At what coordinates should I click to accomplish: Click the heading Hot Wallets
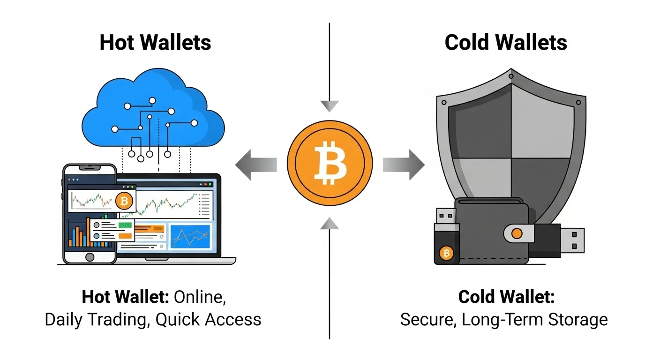(x=155, y=43)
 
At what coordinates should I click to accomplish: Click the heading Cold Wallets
(x=506, y=43)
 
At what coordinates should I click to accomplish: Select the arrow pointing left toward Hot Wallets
(x=255, y=165)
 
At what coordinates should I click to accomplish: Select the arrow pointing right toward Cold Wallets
(x=404, y=165)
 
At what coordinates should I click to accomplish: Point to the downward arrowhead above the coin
(x=330, y=106)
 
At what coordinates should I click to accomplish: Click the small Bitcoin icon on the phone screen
(x=124, y=202)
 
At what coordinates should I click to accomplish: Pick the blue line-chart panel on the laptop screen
(x=190, y=236)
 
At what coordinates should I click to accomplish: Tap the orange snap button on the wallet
(x=517, y=233)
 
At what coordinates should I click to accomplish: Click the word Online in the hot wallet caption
(x=200, y=297)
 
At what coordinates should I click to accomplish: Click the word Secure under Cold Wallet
(x=428, y=319)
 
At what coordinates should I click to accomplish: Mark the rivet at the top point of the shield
(x=510, y=76)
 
